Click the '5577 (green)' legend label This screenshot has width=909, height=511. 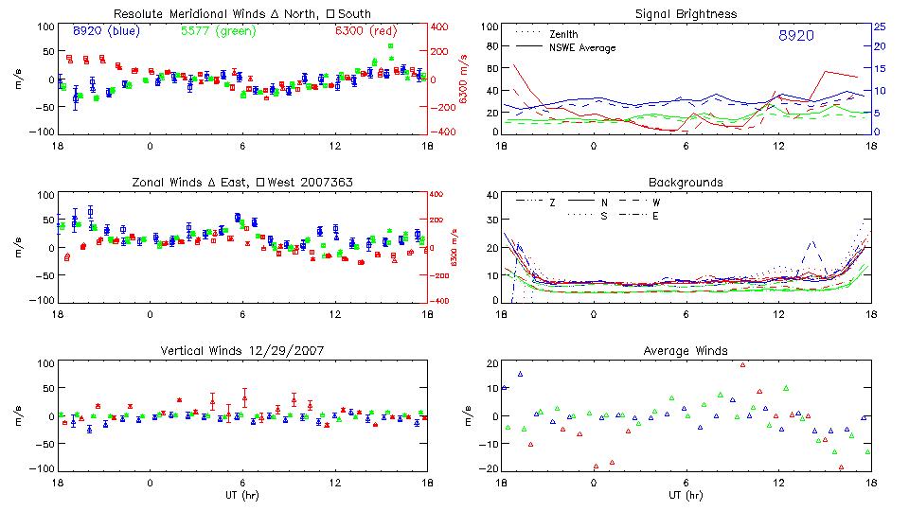(218, 30)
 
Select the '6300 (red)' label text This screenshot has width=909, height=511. (365, 30)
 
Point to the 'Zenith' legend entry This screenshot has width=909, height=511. (564, 34)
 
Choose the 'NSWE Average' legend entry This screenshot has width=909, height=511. (581, 46)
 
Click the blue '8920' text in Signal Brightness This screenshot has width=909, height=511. (796, 35)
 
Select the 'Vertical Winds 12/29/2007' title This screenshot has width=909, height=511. (241, 350)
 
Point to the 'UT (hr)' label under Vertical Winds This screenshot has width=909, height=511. (241, 494)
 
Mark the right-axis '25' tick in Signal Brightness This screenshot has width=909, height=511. (879, 26)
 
